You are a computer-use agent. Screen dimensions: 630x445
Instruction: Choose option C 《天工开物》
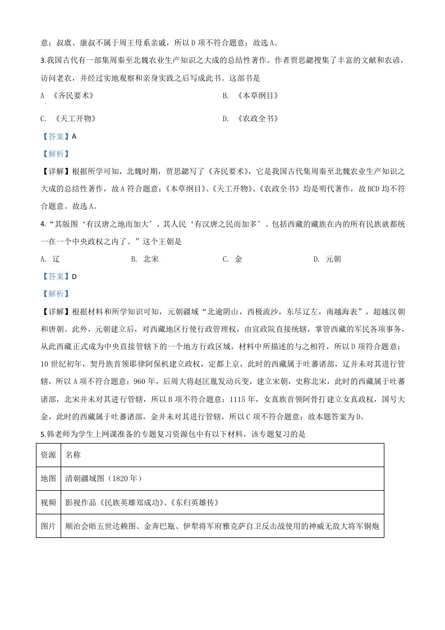pos(68,119)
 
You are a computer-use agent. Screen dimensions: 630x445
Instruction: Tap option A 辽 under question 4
pos(50,259)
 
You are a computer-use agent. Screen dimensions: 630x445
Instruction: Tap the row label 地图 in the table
pos(48,478)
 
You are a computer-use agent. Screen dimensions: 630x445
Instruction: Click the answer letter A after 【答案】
pos(74,136)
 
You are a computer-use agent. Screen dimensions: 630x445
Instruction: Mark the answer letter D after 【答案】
pos(74,277)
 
